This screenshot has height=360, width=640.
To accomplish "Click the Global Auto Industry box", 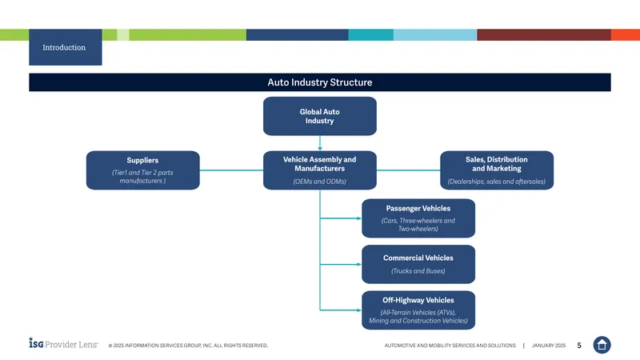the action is coord(319,116).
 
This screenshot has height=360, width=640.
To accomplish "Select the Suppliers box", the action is coord(143,170).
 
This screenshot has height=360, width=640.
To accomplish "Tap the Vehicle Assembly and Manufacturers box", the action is coord(319,170).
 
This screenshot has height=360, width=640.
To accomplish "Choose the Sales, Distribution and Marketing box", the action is coord(497,170).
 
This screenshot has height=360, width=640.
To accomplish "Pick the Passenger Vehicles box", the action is coord(418,218).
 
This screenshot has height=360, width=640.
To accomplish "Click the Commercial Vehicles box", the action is coord(418,264).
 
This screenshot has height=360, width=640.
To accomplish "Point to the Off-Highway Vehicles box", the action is coord(418,310).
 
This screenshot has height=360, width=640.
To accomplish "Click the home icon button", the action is coord(602,345).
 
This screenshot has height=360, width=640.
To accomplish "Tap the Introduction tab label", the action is coord(64,47).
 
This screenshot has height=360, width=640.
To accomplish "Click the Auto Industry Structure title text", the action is coord(319,82).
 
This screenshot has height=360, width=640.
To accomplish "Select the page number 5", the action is coord(579,346).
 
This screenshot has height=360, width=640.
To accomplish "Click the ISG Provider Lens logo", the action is coord(63,343).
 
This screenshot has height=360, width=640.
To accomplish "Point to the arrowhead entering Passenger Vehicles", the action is coord(359,218).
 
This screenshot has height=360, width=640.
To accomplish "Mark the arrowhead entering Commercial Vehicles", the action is coord(359,265).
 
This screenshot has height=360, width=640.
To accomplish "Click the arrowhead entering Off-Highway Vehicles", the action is coord(359,310).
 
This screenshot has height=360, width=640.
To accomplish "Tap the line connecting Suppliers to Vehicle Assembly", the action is coord(231,170).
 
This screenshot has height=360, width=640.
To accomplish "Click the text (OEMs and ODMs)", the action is coord(319,182).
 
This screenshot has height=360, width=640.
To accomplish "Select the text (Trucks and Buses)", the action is coord(418,271).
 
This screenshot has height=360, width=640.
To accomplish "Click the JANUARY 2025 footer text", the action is coord(549,346).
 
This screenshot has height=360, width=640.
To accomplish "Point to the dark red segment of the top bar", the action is coord(544,34).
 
